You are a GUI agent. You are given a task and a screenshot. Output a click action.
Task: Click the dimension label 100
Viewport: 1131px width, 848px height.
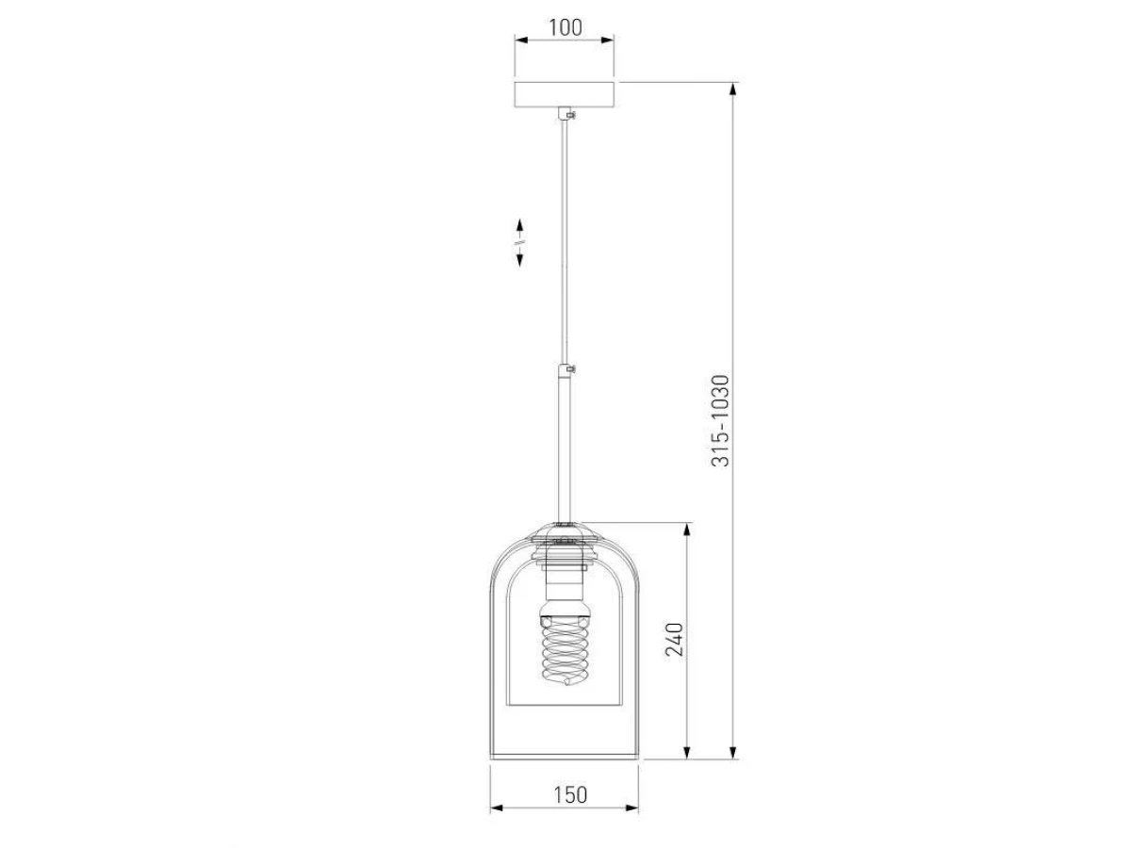(565, 27)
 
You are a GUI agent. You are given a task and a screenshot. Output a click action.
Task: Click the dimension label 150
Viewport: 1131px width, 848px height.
(570, 794)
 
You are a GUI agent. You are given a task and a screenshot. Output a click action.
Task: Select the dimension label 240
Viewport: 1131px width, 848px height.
(675, 640)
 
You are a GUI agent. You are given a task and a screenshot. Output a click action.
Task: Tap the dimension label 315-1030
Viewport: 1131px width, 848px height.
(720, 421)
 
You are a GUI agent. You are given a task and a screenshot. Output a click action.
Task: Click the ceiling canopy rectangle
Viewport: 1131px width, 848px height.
(565, 94)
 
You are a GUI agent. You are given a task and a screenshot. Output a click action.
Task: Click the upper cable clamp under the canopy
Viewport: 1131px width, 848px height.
(566, 114)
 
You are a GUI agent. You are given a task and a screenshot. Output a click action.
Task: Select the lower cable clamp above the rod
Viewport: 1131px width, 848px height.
(566, 369)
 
